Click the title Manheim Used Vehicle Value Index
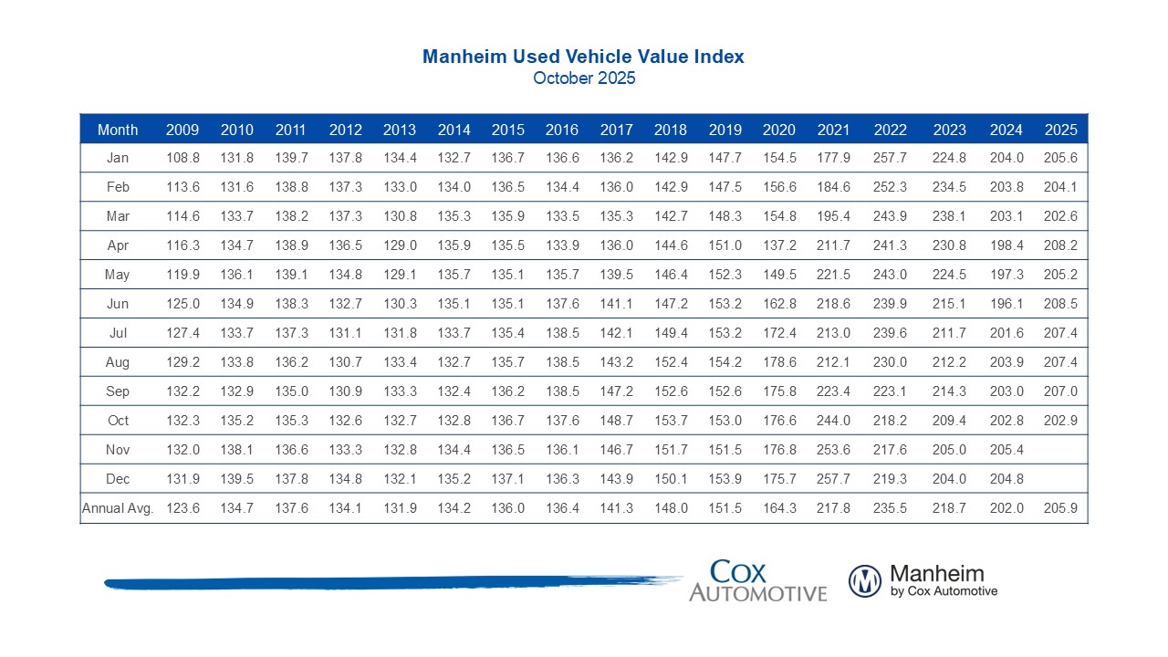(x=583, y=57)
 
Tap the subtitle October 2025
(x=584, y=78)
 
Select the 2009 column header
(x=182, y=130)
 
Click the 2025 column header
(x=1060, y=130)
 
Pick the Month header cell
(x=118, y=130)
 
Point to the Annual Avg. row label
(x=118, y=508)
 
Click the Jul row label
(x=118, y=333)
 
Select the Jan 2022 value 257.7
(x=890, y=158)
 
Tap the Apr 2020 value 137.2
(x=779, y=245)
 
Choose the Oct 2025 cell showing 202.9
(x=1060, y=421)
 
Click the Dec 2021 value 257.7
(x=834, y=479)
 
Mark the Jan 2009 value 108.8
(x=182, y=158)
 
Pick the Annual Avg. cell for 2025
(x=1060, y=508)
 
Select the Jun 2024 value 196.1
(x=1006, y=304)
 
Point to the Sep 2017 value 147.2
(x=616, y=391)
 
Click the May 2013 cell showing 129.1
(x=400, y=275)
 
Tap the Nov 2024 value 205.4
(x=1006, y=450)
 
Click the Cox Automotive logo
(x=757, y=581)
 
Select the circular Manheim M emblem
(x=864, y=581)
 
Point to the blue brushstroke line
(x=392, y=582)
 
